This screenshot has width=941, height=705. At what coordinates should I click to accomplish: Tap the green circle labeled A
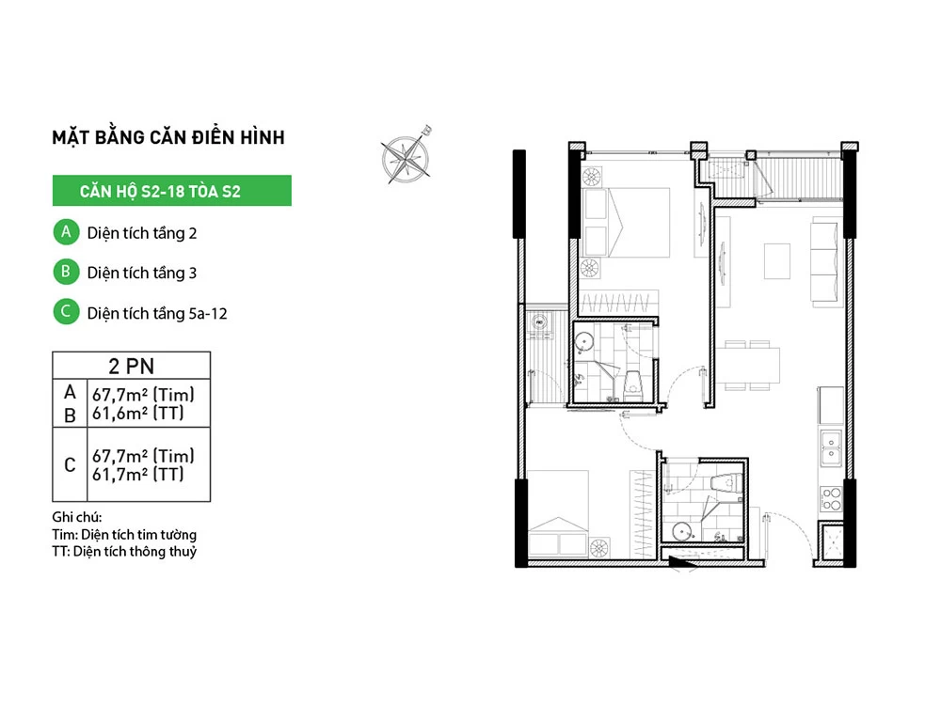[66, 232]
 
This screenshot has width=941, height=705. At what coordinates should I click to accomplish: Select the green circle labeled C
[66, 312]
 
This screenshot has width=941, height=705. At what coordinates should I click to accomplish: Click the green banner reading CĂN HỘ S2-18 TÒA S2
[171, 191]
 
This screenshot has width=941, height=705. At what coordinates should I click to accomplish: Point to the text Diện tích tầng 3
[142, 273]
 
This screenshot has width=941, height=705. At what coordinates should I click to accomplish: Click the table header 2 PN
[132, 366]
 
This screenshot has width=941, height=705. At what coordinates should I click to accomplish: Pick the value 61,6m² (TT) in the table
[138, 413]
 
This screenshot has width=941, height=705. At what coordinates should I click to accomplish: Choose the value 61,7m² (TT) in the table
[138, 474]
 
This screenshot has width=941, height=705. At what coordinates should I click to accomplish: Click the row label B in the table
[70, 415]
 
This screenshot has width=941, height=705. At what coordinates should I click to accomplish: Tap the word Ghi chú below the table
[77, 517]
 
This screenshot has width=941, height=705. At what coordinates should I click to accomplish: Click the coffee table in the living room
[776, 260]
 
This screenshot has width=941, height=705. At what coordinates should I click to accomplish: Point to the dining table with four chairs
[747, 365]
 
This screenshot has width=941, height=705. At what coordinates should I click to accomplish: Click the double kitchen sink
[831, 447]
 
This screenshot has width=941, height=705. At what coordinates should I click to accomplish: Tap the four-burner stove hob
[831, 499]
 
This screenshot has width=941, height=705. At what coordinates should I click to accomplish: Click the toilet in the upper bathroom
[632, 384]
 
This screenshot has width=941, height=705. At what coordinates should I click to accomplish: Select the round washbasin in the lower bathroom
[681, 532]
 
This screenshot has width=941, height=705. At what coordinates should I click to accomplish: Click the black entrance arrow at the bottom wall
[683, 562]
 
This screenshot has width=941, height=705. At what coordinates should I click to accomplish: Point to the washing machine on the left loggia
[539, 323]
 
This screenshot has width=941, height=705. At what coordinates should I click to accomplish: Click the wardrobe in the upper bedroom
[619, 302]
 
